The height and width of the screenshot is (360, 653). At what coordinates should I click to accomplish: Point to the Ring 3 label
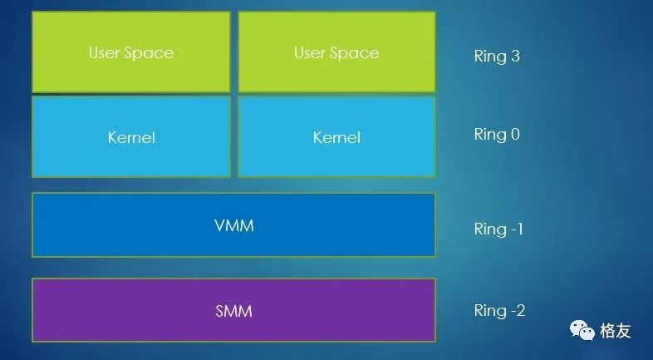497,57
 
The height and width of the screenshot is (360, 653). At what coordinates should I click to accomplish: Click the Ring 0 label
497,135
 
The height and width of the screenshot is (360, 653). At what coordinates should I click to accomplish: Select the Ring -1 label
498,229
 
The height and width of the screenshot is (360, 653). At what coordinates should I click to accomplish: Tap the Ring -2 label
499,311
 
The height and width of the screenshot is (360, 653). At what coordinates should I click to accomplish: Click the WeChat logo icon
582,331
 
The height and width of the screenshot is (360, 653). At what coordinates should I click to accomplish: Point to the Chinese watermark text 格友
616,331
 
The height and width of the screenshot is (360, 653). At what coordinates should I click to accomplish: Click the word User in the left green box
105,53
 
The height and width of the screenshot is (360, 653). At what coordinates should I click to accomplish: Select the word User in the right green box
310,53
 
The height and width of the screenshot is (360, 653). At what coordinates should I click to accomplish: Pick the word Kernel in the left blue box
131,137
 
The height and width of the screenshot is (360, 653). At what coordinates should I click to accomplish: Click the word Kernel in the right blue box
336,137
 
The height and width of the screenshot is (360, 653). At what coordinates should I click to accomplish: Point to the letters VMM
233,225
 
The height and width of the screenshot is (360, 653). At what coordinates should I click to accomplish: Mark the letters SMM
233,312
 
